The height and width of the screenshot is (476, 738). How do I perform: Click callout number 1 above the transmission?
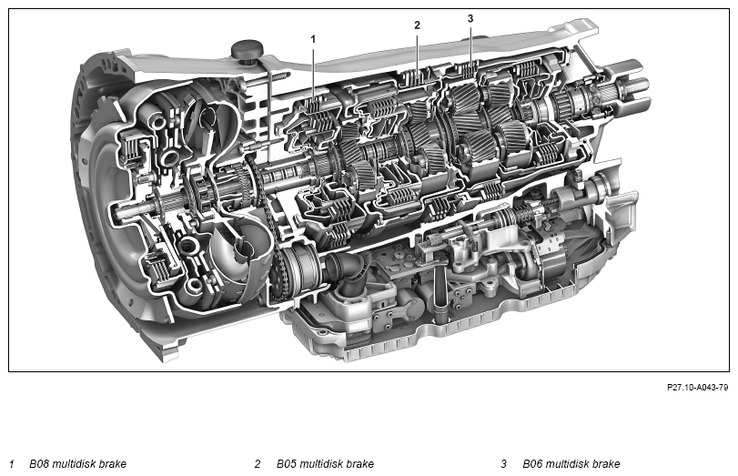313,39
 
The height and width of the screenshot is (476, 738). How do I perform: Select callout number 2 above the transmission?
417,25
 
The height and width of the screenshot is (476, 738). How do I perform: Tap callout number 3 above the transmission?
470,18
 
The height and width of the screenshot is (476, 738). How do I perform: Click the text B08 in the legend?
41,464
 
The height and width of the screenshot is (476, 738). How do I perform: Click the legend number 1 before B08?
11,464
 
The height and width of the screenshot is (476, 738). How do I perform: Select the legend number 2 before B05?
258,464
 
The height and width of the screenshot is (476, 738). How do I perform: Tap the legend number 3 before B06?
503,464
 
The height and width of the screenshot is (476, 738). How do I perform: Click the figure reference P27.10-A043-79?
697,387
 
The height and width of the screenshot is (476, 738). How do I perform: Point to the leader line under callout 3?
470,46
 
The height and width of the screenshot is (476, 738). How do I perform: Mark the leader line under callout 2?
417,55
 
